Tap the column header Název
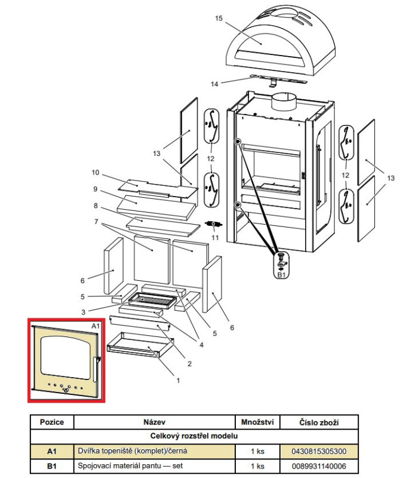[154, 422]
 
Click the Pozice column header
[51, 422]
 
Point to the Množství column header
[257, 422]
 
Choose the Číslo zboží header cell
[319, 422]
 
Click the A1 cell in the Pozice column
[51, 451]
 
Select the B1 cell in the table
[51, 465]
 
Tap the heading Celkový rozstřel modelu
[194, 437]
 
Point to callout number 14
[214, 84]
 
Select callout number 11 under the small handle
[216, 238]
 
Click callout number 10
[95, 173]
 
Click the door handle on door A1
[96, 369]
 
